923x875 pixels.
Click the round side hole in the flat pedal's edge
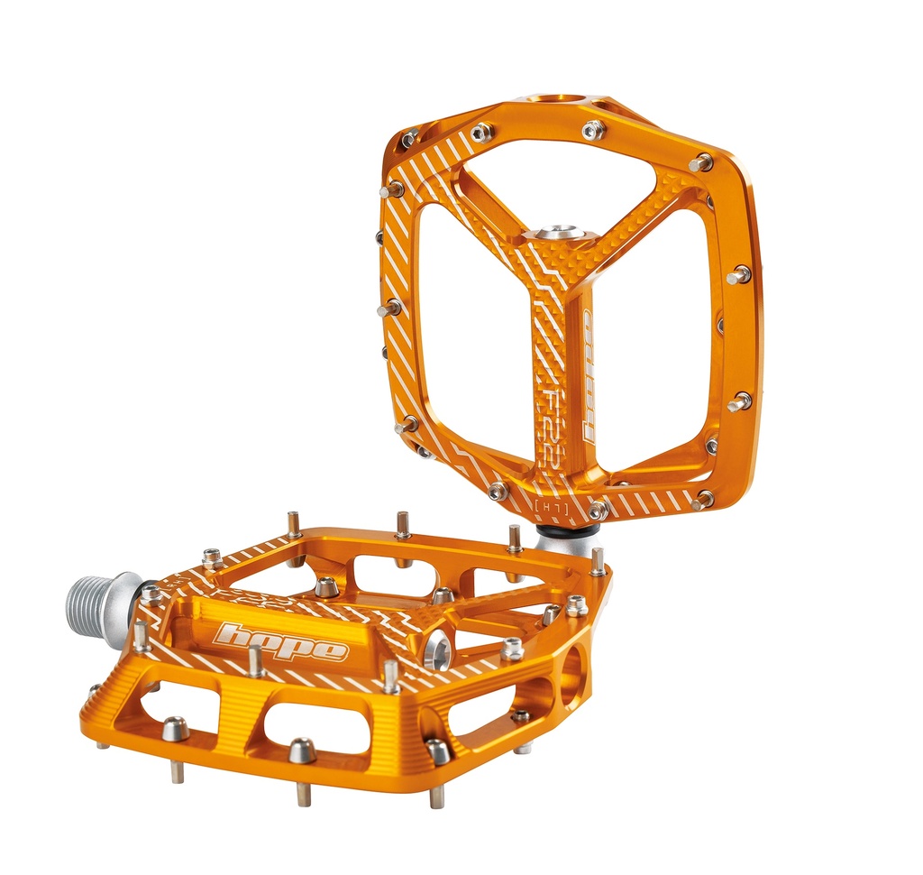click(571, 679)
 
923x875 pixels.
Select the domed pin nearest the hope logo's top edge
click(326, 587)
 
